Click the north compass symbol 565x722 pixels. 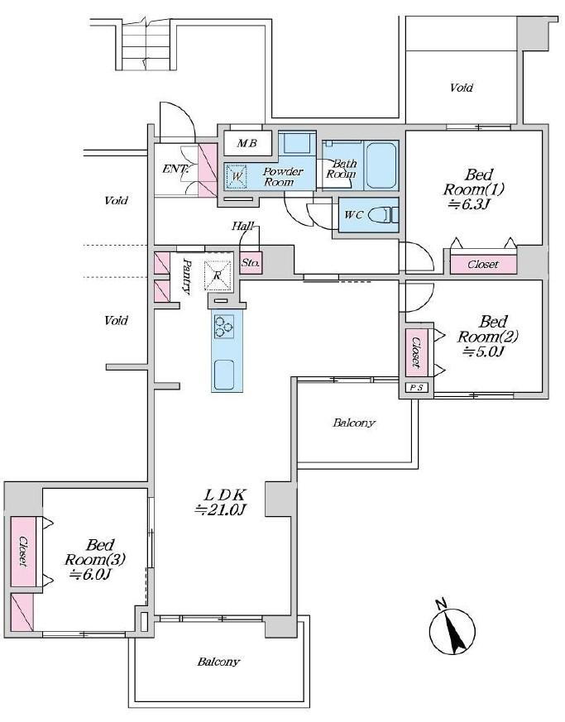(x=452, y=628)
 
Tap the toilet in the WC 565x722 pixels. (x=385, y=214)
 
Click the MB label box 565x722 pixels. (x=247, y=143)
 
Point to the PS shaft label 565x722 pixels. (x=416, y=388)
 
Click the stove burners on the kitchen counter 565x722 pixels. (x=224, y=327)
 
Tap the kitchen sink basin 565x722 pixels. (x=224, y=375)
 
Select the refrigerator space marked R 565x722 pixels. (x=218, y=275)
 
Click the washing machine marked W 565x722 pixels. (x=237, y=176)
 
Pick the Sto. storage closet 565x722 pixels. (x=251, y=263)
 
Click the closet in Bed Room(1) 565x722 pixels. (x=483, y=265)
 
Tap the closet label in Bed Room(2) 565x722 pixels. (x=416, y=352)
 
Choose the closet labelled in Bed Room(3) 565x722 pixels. (x=22, y=551)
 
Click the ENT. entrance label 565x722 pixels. (x=175, y=169)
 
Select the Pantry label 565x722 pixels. (x=186, y=275)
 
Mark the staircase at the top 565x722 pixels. (x=146, y=45)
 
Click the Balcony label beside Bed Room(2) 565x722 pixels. (x=354, y=423)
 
